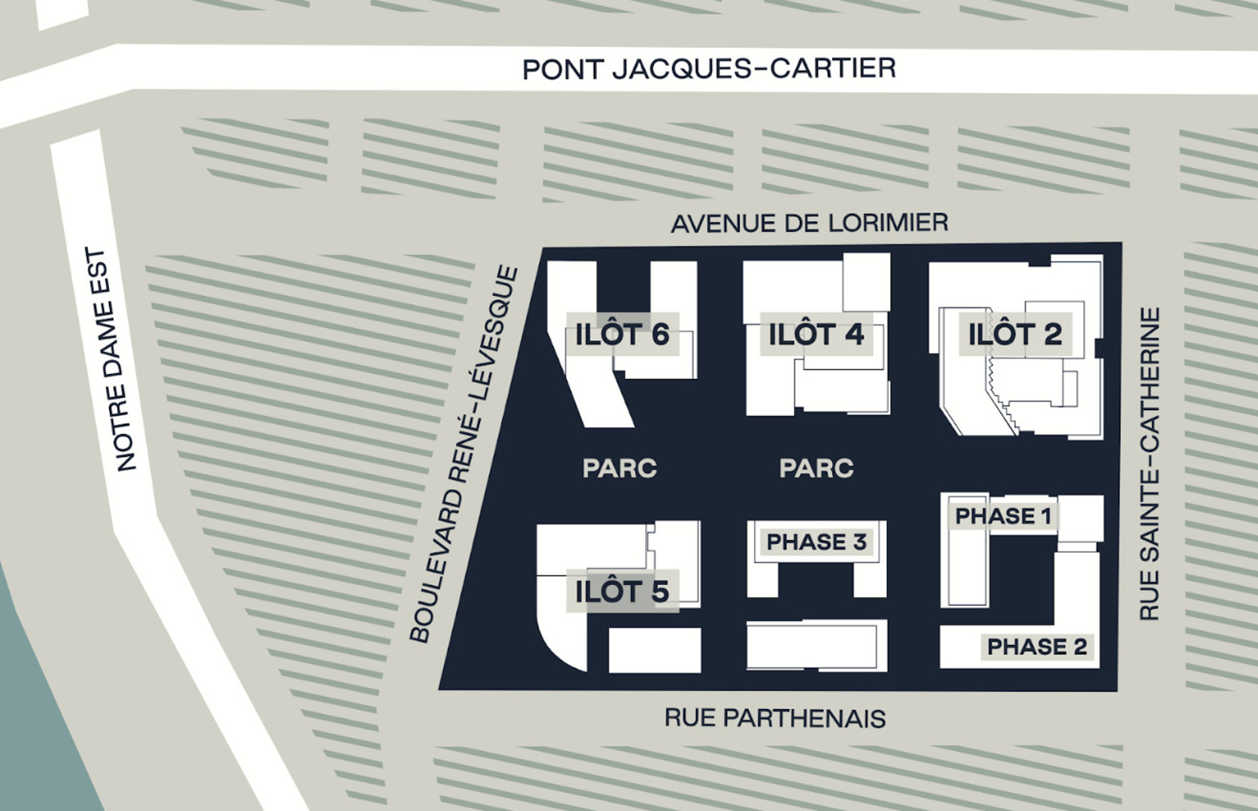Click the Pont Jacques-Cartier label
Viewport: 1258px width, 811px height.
coord(709,68)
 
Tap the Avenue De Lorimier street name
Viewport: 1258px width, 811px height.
coord(809,223)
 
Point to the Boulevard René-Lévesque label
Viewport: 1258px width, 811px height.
coord(463,454)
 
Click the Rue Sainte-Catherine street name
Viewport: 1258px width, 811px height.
coord(1149,463)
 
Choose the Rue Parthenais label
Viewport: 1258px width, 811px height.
coord(774,718)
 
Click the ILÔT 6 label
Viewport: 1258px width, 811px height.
coord(622,334)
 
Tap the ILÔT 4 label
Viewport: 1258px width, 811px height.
coord(816,334)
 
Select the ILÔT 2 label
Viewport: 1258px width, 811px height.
coord(1015,334)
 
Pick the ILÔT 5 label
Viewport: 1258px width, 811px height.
coord(622,592)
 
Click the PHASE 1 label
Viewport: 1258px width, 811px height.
coord(1003,516)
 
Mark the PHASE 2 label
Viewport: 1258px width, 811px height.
coord(1036,647)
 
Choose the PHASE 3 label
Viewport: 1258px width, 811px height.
coord(816,541)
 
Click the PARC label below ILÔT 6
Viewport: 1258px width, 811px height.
coord(620,469)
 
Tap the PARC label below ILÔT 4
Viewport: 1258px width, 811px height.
coord(816,469)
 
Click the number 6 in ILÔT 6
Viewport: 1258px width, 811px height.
coord(660,334)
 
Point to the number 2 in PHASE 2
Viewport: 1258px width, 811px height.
coord(1080,647)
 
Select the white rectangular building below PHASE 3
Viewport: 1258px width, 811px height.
coord(816,646)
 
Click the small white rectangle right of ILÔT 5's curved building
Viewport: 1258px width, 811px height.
coord(654,650)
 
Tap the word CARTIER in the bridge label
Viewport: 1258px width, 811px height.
coord(834,68)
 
